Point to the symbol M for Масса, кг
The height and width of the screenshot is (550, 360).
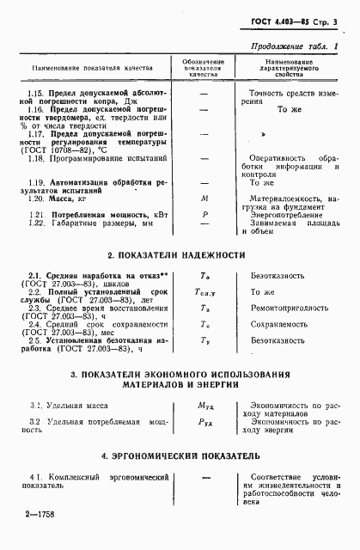(204, 222)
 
